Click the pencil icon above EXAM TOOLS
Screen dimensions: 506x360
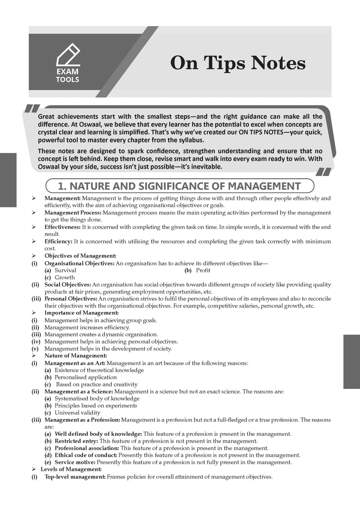68,54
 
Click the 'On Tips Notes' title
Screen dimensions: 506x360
238,64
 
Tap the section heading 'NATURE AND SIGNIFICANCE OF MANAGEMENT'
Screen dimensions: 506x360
179,186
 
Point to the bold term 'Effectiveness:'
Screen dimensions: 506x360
63,227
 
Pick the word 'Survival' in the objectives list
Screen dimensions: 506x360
65,270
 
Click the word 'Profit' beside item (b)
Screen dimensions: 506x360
203,270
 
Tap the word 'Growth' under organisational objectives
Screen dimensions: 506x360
65,277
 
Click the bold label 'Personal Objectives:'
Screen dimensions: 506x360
71,299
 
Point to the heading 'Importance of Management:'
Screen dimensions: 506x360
81,313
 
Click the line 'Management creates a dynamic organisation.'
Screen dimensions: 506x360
101,334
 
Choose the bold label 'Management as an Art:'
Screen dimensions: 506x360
75,363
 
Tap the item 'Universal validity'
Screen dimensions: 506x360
77,413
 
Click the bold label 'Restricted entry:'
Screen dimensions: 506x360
76,441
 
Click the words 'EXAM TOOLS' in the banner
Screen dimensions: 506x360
67,76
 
